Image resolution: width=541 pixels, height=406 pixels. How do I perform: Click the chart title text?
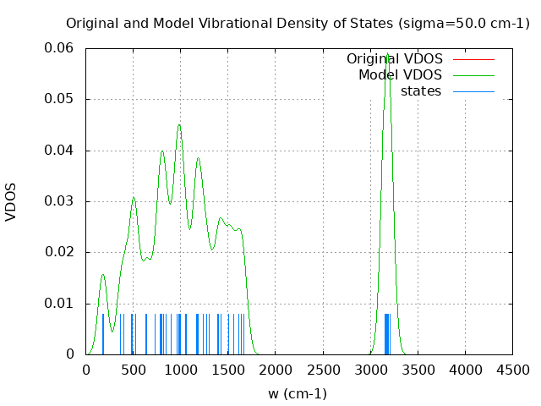point(298,23)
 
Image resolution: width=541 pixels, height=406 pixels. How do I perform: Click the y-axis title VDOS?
point(11,201)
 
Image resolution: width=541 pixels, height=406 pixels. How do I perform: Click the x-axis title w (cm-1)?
point(298,393)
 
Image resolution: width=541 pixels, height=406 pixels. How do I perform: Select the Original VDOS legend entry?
point(394,59)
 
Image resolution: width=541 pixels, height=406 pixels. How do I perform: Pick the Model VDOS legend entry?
point(400,75)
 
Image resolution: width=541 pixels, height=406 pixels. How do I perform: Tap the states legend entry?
point(420,91)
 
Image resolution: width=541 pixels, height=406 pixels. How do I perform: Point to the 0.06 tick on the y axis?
point(59,48)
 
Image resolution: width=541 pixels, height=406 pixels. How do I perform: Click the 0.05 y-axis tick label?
point(59,99)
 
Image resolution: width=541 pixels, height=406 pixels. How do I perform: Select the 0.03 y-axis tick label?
point(59,201)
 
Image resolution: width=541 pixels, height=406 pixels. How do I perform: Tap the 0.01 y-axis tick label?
point(59,303)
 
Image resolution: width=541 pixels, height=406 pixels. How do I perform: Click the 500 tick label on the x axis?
point(133,370)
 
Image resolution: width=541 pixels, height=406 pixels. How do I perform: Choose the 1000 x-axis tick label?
point(180,370)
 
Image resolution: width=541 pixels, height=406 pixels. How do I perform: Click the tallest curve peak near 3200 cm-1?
point(387,55)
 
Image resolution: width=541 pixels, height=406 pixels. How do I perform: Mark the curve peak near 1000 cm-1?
point(179,125)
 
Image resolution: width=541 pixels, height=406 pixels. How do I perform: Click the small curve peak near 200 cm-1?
point(103,274)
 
